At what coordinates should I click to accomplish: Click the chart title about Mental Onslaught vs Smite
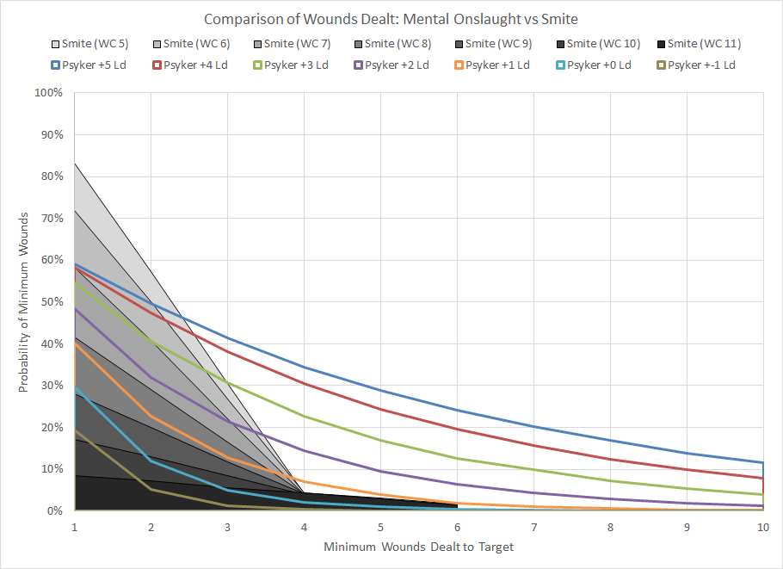(391, 19)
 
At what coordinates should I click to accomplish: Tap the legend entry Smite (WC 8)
(391, 44)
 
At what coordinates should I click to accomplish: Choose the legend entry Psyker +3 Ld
(293, 65)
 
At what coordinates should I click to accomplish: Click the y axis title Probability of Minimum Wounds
(25, 301)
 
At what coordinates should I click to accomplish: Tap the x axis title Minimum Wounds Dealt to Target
(418, 547)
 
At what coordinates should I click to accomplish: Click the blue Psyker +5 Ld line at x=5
(380, 390)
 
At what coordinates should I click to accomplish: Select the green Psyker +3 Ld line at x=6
(457, 458)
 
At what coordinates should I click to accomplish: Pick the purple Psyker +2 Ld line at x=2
(151, 377)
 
